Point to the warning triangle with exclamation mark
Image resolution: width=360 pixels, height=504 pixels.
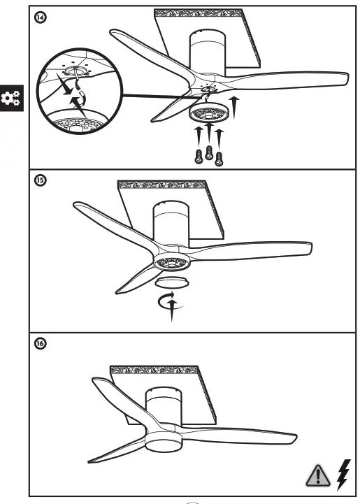click(318, 475)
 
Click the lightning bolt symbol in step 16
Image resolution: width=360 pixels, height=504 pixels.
click(343, 474)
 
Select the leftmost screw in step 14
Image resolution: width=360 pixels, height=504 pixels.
click(199, 156)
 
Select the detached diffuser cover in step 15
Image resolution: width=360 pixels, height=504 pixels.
click(171, 282)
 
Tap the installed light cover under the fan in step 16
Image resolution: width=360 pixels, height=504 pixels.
click(165, 439)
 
